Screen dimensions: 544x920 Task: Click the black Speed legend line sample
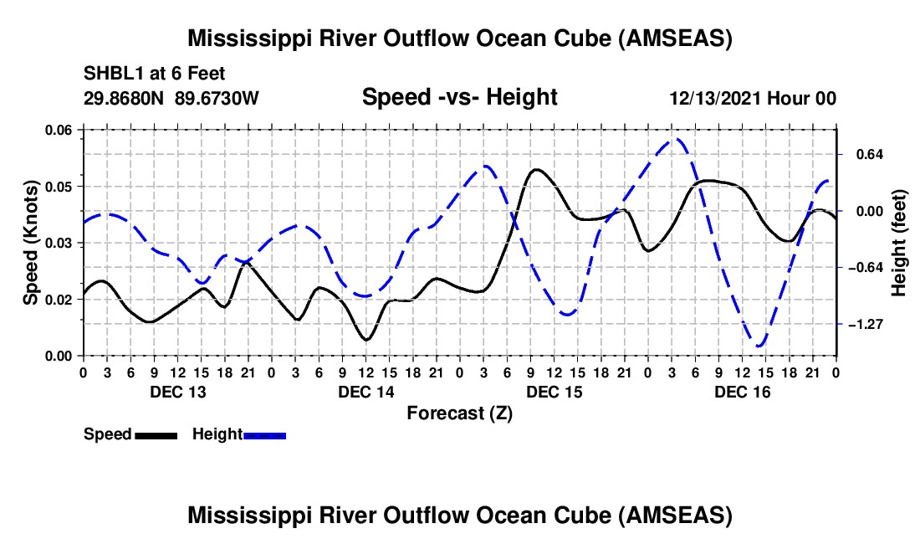click(x=155, y=435)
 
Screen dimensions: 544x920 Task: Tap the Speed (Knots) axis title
click(x=31, y=243)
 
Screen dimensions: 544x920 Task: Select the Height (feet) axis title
click(x=899, y=244)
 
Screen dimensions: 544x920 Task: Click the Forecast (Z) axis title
click(x=459, y=413)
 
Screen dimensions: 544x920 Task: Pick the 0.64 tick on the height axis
click(x=864, y=155)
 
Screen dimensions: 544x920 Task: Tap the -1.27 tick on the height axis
click(x=866, y=324)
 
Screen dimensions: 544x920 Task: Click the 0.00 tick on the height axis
click(x=864, y=211)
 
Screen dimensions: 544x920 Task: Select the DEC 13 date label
click(x=177, y=392)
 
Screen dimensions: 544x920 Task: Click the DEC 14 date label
click(x=365, y=392)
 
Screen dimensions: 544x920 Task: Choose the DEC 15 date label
click(x=555, y=392)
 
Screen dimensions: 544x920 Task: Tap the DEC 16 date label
click(x=743, y=392)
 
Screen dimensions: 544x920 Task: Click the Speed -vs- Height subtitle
click(x=459, y=97)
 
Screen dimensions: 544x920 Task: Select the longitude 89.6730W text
click(x=217, y=99)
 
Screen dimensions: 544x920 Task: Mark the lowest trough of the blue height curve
click(x=759, y=345)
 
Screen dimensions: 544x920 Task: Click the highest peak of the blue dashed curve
click(x=678, y=140)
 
